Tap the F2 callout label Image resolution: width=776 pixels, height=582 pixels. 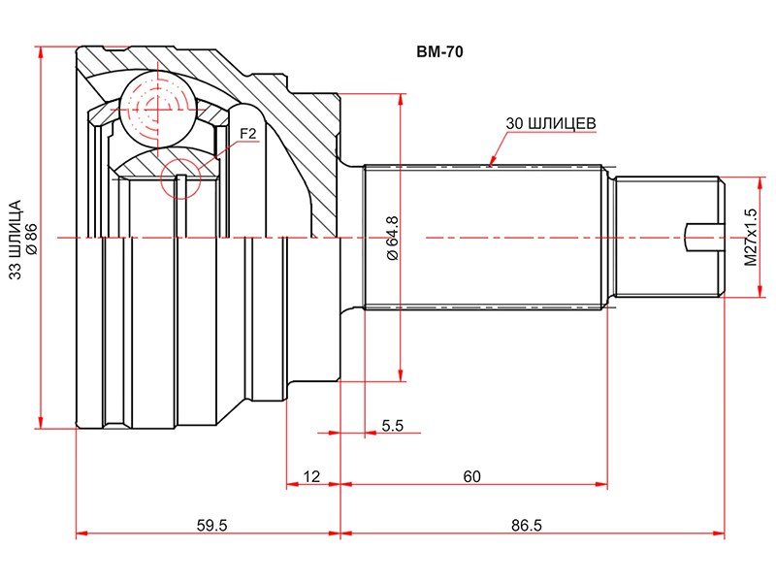[247, 134]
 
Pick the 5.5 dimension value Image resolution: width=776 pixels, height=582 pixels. [392, 425]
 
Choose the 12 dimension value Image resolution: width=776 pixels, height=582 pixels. [311, 476]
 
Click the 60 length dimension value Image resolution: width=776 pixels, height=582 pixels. [472, 476]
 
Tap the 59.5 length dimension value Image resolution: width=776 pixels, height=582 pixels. [210, 526]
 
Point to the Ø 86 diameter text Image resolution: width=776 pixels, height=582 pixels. [31, 239]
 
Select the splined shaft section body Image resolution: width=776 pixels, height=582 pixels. [485, 238]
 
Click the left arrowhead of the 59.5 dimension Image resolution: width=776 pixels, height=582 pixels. [80, 533]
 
